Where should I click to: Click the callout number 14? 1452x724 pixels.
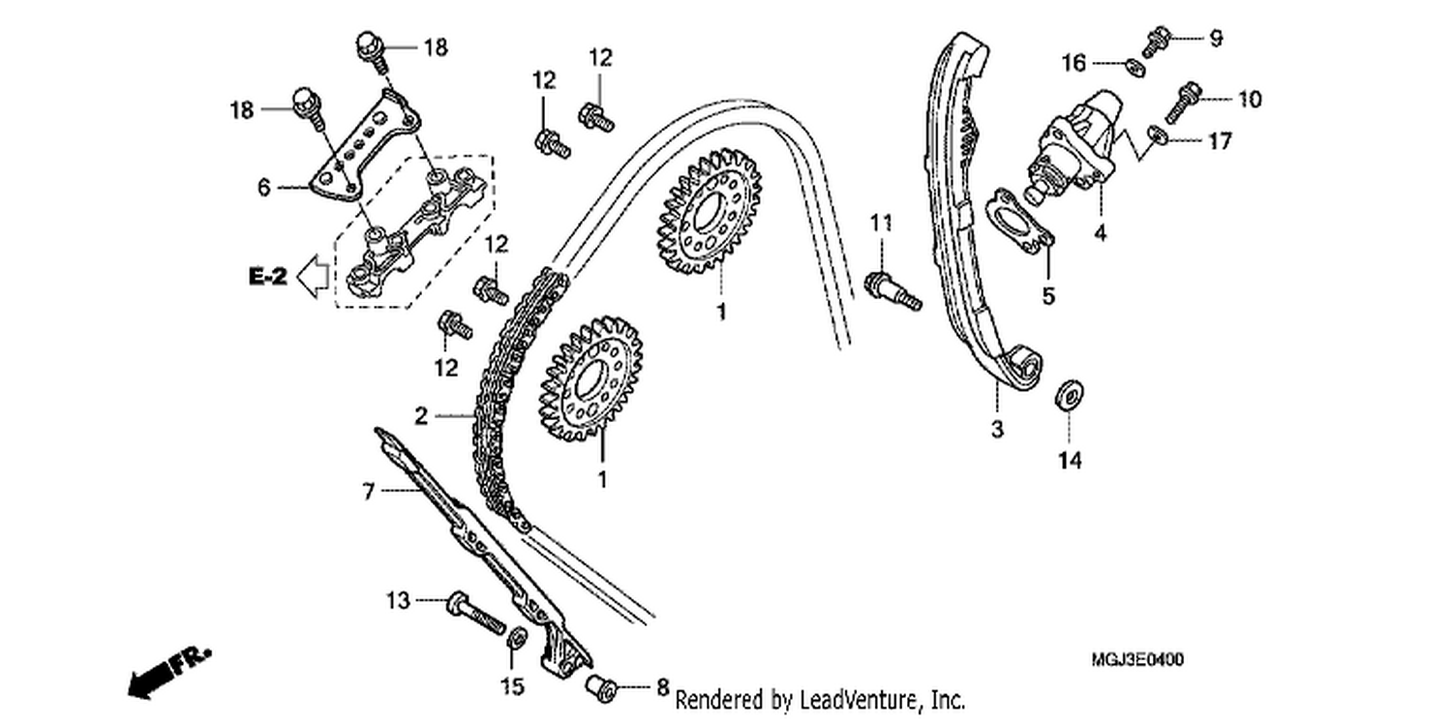coord(1071,460)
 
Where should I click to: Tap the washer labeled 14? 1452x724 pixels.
coord(1069,395)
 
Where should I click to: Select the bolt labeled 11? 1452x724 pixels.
coord(892,291)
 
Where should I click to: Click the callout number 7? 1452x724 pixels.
coord(368,492)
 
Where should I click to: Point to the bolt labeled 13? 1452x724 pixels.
coord(476,613)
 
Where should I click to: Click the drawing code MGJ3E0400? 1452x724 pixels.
coord(1137,660)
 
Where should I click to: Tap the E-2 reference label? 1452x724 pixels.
coord(268,277)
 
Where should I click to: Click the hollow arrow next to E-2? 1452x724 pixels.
coord(313,276)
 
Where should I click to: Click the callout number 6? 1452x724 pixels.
coord(263,188)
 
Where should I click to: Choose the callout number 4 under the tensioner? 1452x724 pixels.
coord(1100,232)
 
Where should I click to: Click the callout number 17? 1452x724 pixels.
coord(1220,140)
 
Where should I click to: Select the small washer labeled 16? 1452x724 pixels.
coord(1135,67)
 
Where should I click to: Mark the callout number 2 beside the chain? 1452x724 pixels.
coord(421,415)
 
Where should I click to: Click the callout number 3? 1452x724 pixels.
coord(997,429)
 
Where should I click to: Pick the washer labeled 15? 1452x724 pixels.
coord(517,638)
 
